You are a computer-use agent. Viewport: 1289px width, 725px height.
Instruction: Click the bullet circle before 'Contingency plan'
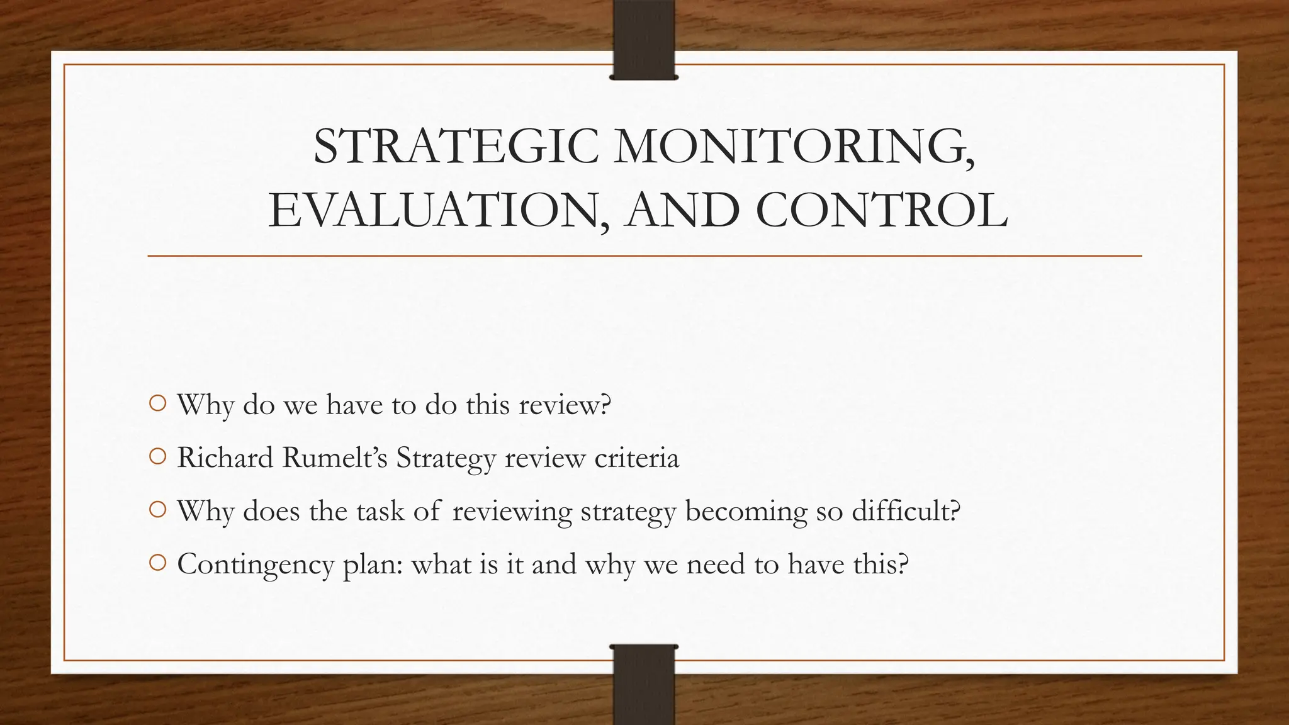(158, 563)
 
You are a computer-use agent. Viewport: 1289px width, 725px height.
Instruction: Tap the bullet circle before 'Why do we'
(158, 403)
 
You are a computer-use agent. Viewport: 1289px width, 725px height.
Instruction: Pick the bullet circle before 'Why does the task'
(158, 510)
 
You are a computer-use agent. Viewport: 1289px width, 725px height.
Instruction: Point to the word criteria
(637, 458)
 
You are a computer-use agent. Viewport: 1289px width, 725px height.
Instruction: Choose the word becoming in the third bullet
(746, 511)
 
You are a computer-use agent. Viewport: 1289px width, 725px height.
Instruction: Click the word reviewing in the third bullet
(512, 511)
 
